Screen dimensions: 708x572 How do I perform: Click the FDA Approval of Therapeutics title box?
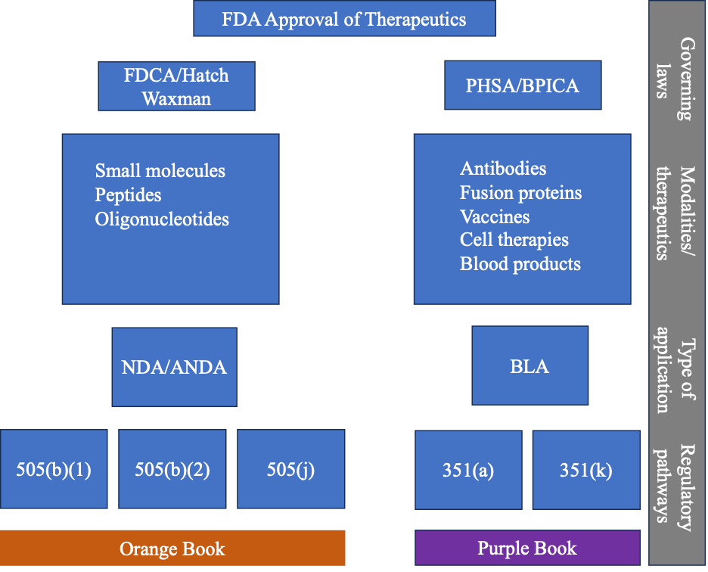coord(344,18)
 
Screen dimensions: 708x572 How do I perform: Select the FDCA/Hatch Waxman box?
coord(176,86)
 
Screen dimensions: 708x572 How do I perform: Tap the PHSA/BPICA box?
coord(523,85)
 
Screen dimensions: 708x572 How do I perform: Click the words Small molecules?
coord(160,171)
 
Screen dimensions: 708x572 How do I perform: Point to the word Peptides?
coord(128,195)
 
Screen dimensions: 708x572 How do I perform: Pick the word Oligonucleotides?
coord(162,219)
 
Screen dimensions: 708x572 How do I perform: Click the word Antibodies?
coord(503,169)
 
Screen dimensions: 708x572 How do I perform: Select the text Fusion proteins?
coord(520,193)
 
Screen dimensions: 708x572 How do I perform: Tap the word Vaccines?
coord(495,217)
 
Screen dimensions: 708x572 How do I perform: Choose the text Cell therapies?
coord(514,240)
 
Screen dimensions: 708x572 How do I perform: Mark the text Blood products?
coord(520,264)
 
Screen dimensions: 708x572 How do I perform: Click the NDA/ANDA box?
coord(174,367)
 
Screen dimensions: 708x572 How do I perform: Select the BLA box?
coord(530,365)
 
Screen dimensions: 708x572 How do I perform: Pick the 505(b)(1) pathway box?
coord(54,469)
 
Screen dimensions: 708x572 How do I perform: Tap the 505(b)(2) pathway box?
coord(172,469)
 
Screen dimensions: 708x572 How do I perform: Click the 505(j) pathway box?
coord(290,469)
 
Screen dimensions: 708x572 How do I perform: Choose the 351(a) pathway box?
coord(468,470)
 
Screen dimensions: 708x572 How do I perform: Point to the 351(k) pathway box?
coord(586,470)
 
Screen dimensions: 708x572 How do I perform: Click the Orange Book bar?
coord(172,548)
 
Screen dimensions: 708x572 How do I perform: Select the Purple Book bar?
coord(527,548)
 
